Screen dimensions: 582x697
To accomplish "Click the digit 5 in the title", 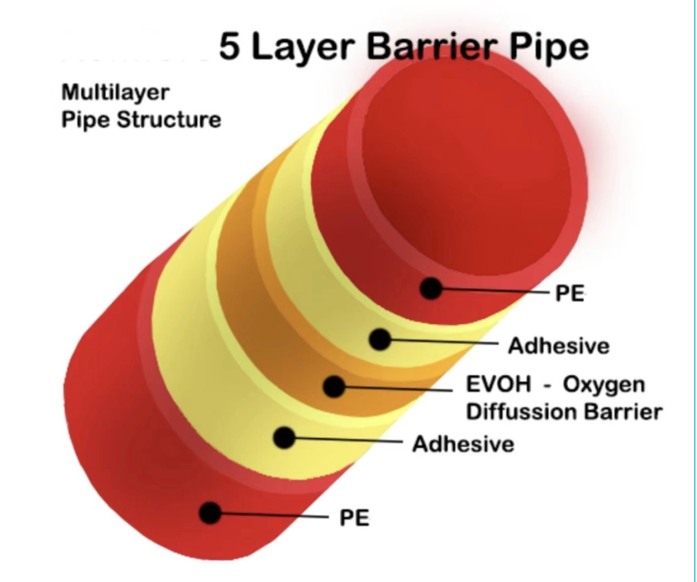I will pos(230,46).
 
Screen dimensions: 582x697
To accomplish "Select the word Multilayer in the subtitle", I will pos(115,92).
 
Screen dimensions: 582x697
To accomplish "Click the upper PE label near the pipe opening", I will pos(570,293).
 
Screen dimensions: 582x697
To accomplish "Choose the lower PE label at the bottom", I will pos(354,518).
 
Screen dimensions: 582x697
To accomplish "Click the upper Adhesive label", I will pos(559,346).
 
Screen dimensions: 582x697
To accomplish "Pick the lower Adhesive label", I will pos(463,444).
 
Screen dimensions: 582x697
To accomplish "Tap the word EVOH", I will pos(498,384).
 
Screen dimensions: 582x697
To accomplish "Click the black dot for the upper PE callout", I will pos(431,288).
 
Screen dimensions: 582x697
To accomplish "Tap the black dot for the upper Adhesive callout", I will pos(379,340).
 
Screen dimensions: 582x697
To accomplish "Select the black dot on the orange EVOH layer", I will pos(334,386).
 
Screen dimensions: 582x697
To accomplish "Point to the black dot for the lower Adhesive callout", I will pos(284,438).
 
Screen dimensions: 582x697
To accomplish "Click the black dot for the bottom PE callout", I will pos(210,513).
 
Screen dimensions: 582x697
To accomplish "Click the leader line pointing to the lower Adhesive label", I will pos(348,440).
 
